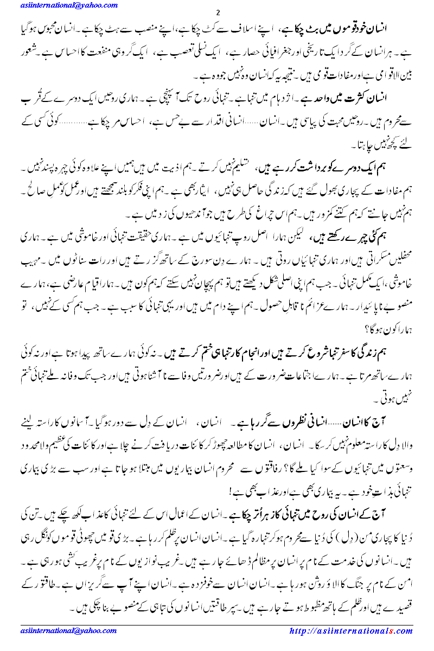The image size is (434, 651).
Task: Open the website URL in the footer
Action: point(351,631)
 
